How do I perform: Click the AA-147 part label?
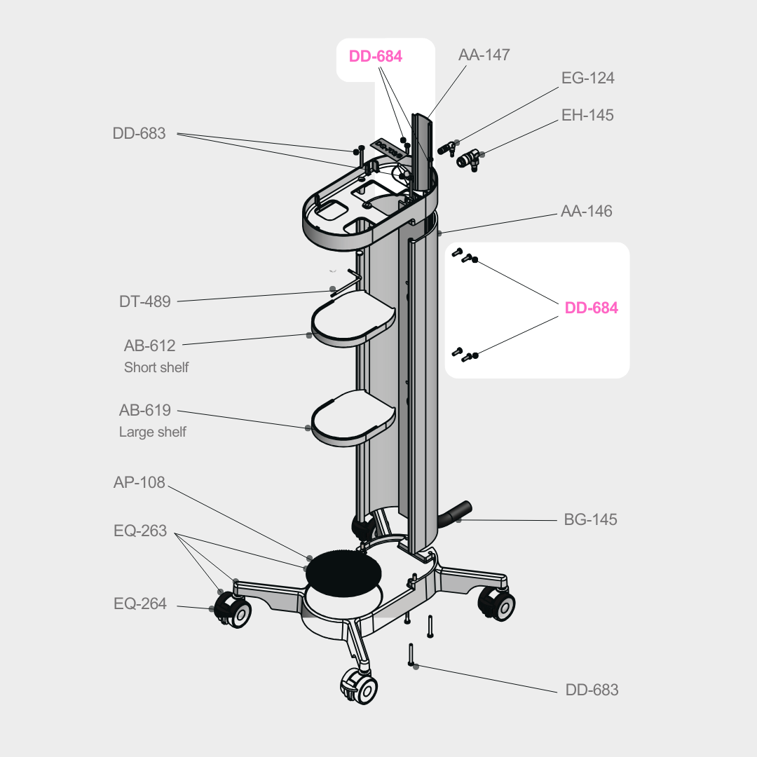(x=484, y=55)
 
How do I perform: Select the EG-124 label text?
(x=587, y=78)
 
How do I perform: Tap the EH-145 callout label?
(x=587, y=115)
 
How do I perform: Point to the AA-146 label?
(x=586, y=211)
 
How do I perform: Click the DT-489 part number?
(x=144, y=301)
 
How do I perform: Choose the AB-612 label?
(x=149, y=346)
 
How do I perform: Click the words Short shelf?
(x=156, y=367)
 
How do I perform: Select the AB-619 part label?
(x=144, y=411)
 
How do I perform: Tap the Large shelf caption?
(x=152, y=432)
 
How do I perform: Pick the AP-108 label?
(x=139, y=483)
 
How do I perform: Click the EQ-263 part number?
(x=140, y=531)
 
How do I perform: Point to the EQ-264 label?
(x=140, y=603)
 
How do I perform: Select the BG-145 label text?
(x=590, y=520)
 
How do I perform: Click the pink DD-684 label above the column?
(x=376, y=57)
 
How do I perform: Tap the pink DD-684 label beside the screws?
(x=592, y=308)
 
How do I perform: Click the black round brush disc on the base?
(x=343, y=569)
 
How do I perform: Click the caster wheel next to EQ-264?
(x=232, y=611)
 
